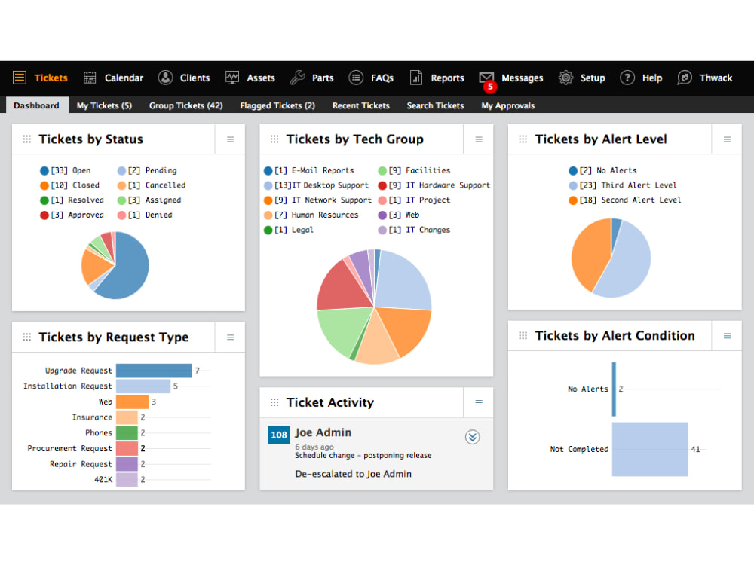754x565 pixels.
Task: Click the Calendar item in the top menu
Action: tap(114, 78)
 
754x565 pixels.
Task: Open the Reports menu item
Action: tap(437, 78)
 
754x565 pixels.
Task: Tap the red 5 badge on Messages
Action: tap(489, 87)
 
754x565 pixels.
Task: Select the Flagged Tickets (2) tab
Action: tap(277, 105)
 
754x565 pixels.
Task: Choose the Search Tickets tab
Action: tap(435, 105)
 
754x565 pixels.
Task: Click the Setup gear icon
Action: tap(565, 78)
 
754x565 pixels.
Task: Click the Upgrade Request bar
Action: tap(154, 371)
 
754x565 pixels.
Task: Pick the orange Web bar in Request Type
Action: tap(132, 402)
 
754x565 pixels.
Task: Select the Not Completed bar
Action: tap(650, 449)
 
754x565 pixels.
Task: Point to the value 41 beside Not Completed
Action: tap(695, 449)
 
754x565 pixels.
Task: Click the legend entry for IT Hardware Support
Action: tap(434, 185)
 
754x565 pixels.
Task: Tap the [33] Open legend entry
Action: tap(66, 170)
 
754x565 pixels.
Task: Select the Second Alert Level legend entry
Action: tap(624, 200)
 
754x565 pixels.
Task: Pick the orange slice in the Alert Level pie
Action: tap(590, 252)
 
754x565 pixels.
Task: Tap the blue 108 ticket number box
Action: tap(279, 435)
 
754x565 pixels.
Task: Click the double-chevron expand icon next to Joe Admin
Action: tap(472, 437)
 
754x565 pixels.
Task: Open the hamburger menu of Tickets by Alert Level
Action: tap(727, 139)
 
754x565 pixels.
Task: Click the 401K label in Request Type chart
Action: tap(103, 479)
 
